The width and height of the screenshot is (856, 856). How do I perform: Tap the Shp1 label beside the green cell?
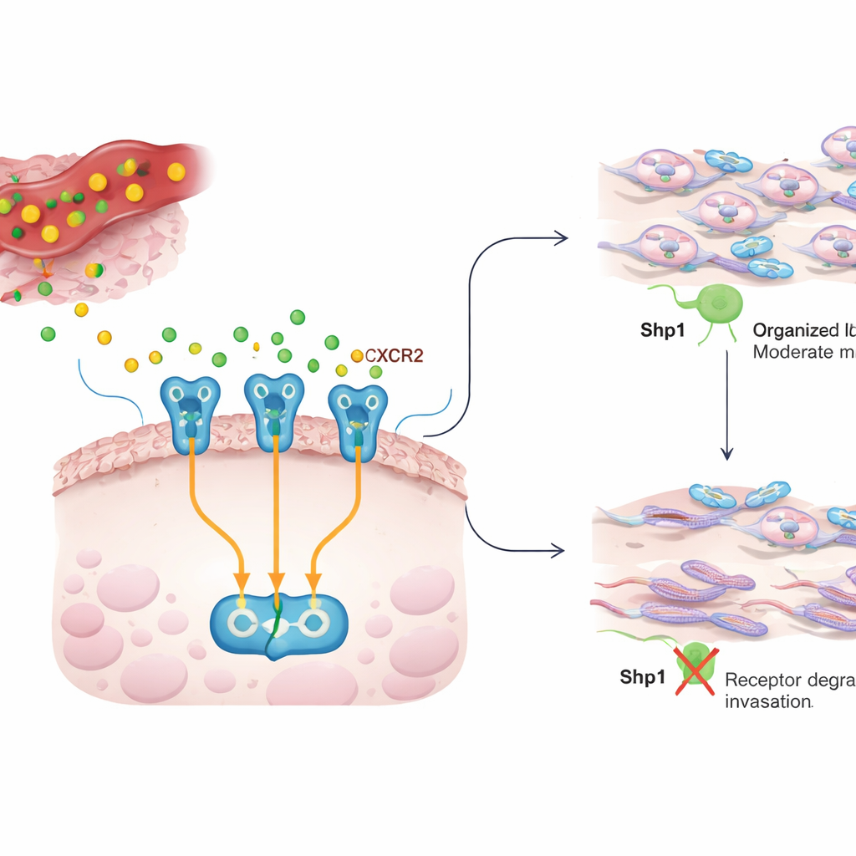[x=662, y=329]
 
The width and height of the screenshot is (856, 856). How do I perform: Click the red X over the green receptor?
[x=693, y=670]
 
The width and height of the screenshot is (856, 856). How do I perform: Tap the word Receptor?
[x=762, y=679]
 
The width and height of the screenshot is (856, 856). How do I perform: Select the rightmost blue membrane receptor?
[x=358, y=410]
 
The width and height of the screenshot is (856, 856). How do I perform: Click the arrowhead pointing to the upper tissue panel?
[x=561, y=239]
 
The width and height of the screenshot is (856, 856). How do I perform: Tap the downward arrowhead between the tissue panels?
[x=727, y=454]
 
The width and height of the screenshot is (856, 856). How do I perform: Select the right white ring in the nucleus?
[x=315, y=620]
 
